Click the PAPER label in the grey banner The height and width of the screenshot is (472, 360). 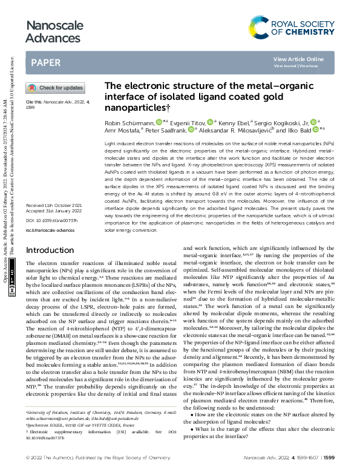point(45,62)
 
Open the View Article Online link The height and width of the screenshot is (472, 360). point(298,59)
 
